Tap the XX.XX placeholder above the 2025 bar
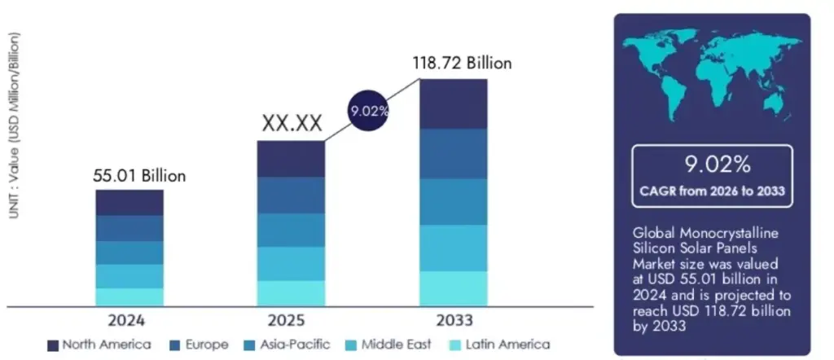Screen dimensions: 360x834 [x=291, y=124]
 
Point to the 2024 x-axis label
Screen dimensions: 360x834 [x=129, y=319]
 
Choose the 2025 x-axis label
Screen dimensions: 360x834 [x=291, y=319]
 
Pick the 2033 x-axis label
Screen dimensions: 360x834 [x=453, y=319]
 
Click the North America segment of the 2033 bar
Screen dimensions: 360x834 [x=453, y=103]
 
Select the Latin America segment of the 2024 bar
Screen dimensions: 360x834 [x=129, y=296]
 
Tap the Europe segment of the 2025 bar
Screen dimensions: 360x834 [x=291, y=195]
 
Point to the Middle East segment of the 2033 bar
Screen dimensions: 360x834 [x=453, y=248]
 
